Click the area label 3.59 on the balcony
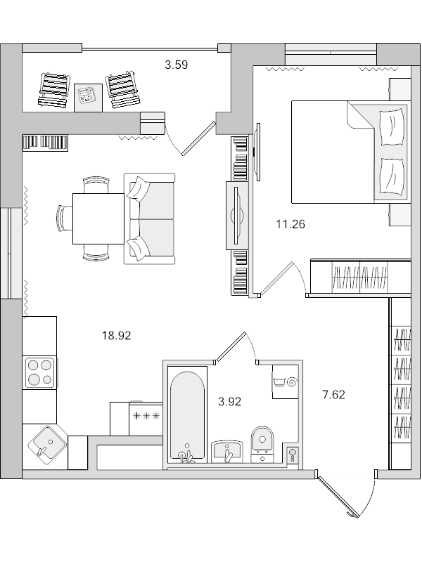click(x=176, y=65)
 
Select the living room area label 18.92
click(x=117, y=336)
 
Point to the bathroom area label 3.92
click(x=230, y=402)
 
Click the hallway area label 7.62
click(x=333, y=395)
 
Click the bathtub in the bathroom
click(x=188, y=414)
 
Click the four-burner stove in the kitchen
click(x=39, y=372)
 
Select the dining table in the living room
click(x=98, y=218)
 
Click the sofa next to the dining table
click(x=149, y=218)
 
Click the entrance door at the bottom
click(x=338, y=497)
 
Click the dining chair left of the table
click(x=63, y=218)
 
